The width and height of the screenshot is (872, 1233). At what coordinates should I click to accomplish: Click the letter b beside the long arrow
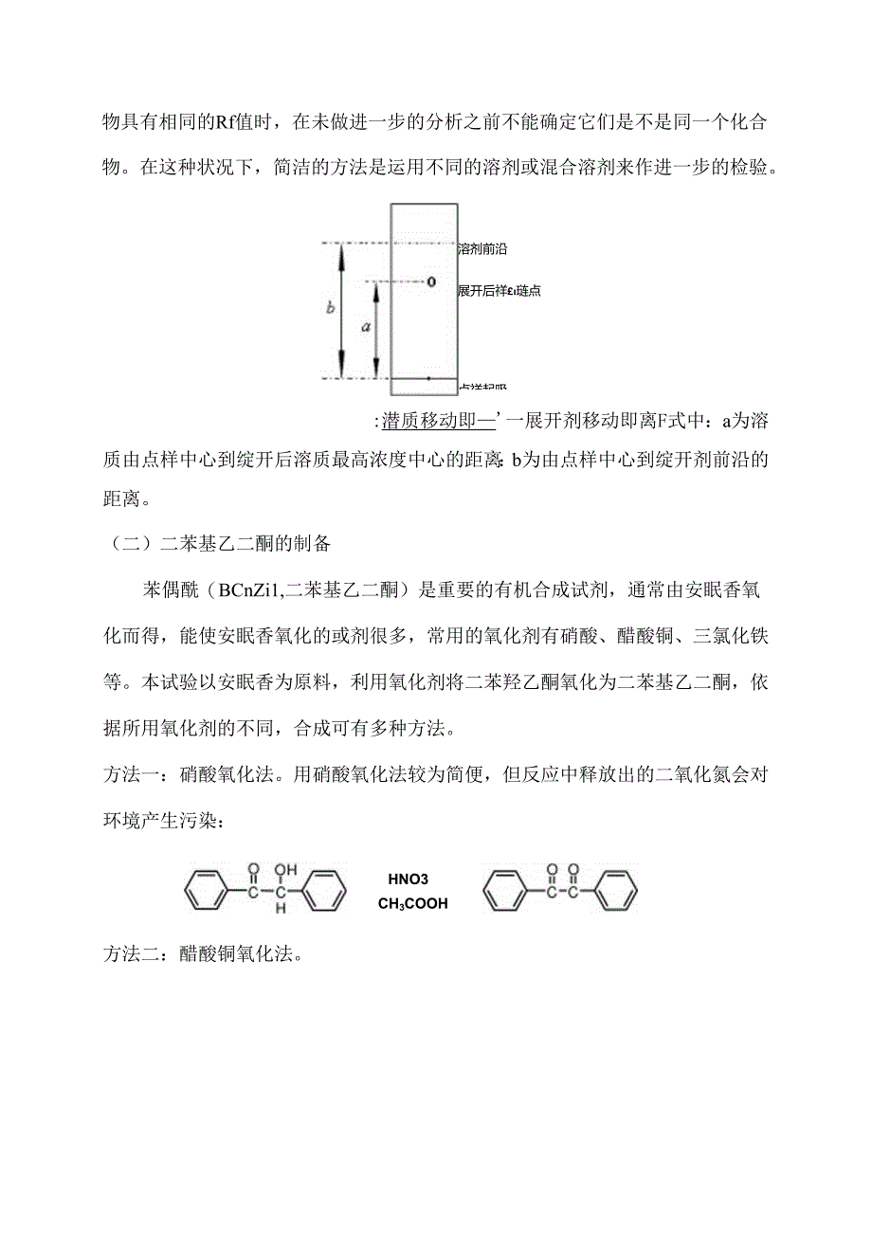(330, 307)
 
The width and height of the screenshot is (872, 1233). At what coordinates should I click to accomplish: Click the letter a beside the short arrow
(365, 325)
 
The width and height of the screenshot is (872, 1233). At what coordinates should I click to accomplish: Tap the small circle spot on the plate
(430, 281)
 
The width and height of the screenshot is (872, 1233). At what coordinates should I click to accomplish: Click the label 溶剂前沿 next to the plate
(482, 248)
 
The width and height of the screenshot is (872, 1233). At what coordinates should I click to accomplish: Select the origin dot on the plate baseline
(428, 378)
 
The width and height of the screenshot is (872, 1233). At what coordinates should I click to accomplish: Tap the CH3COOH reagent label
(413, 904)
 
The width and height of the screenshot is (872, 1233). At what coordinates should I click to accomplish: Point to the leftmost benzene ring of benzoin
(206, 893)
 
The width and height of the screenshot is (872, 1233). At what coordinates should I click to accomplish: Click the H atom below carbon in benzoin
(281, 910)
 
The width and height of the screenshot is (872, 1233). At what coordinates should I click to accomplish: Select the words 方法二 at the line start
(129, 954)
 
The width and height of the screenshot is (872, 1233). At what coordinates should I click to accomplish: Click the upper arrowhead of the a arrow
(376, 286)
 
